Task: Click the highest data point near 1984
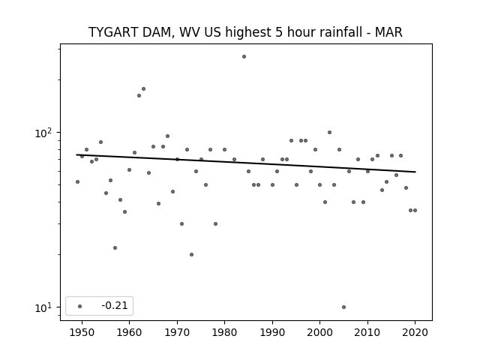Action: [x=244, y=57]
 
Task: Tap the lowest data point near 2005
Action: [x=343, y=307]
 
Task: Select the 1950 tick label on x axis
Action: [x=82, y=333]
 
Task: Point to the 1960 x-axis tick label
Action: [x=129, y=333]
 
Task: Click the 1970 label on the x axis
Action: [x=177, y=333]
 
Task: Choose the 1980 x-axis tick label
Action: [x=224, y=333]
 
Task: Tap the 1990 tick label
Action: [x=272, y=333]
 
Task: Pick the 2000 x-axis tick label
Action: [x=319, y=333]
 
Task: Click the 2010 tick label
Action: [x=367, y=333]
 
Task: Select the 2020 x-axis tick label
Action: [x=415, y=333]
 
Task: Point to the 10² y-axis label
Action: [x=45, y=133]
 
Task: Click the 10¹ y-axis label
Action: [x=45, y=307]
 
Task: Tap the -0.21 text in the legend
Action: [x=115, y=305]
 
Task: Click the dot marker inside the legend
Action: [x=79, y=306]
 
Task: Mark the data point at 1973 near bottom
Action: [x=192, y=255]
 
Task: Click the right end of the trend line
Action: [x=415, y=172]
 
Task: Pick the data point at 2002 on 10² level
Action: [x=329, y=133]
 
